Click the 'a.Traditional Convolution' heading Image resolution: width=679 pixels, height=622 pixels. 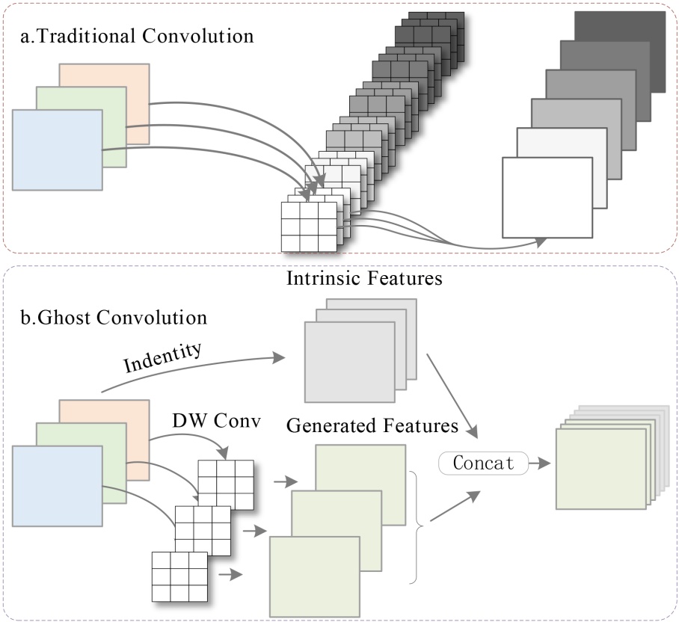coord(135,34)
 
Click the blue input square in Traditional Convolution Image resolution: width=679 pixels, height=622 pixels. coord(57,150)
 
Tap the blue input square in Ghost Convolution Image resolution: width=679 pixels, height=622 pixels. coord(57,486)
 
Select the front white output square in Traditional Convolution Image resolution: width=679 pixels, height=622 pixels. coord(547,197)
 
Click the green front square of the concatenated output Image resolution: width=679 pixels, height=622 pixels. coord(600,469)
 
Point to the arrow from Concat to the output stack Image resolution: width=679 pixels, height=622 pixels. coord(539,464)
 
